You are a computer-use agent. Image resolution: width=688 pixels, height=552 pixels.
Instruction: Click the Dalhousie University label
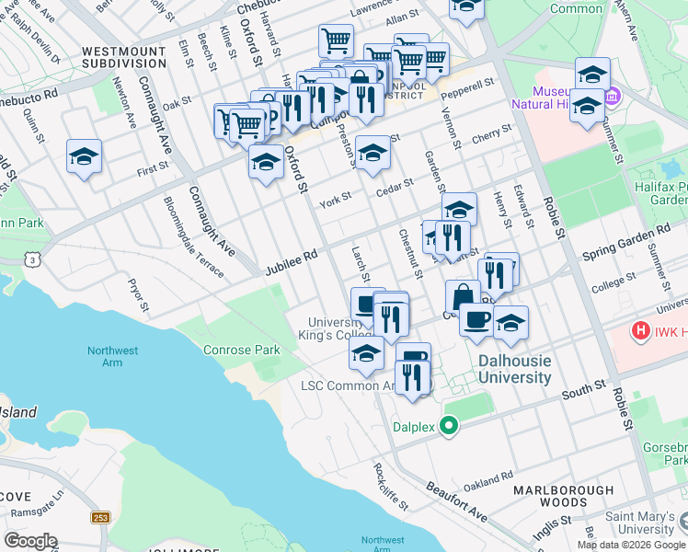pyautogui.click(x=514, y=370)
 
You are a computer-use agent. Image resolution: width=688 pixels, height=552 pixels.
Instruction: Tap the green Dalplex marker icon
pyautogui.click(x=449, y=426)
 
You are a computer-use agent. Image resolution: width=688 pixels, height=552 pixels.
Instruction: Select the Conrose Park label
pyautogui.click(x=241, y=351)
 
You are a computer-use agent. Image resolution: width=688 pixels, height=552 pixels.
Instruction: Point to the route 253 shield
pyautogui.click(x=101, y=518)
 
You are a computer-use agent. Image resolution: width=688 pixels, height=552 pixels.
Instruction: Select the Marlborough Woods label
pyautogui.click(x=564, y=497)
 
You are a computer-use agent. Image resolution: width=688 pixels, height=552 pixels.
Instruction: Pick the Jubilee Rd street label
pyautogui.click(x=291, y=262)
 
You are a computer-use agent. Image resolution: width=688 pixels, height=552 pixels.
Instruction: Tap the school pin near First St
pyautogui.click(x=84, y=158)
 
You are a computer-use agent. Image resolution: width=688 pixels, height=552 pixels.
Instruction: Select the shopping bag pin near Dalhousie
pyautogui.click(x=463, y=297)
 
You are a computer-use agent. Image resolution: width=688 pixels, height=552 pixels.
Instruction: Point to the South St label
pyautogui.click(x=584, y=390)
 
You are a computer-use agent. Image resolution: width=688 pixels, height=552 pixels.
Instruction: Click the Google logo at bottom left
pyautogui.click(x=30, y=541)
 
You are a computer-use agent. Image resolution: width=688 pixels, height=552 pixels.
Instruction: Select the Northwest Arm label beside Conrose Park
pyautogui.click(x=112, y=357)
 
